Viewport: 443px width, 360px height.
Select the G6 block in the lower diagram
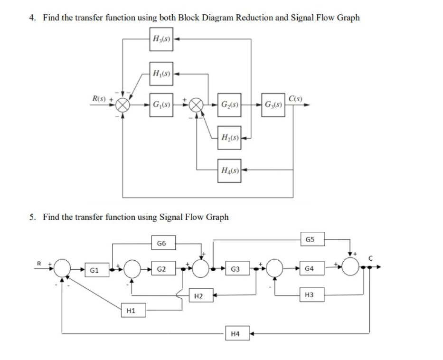click(161, 244)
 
